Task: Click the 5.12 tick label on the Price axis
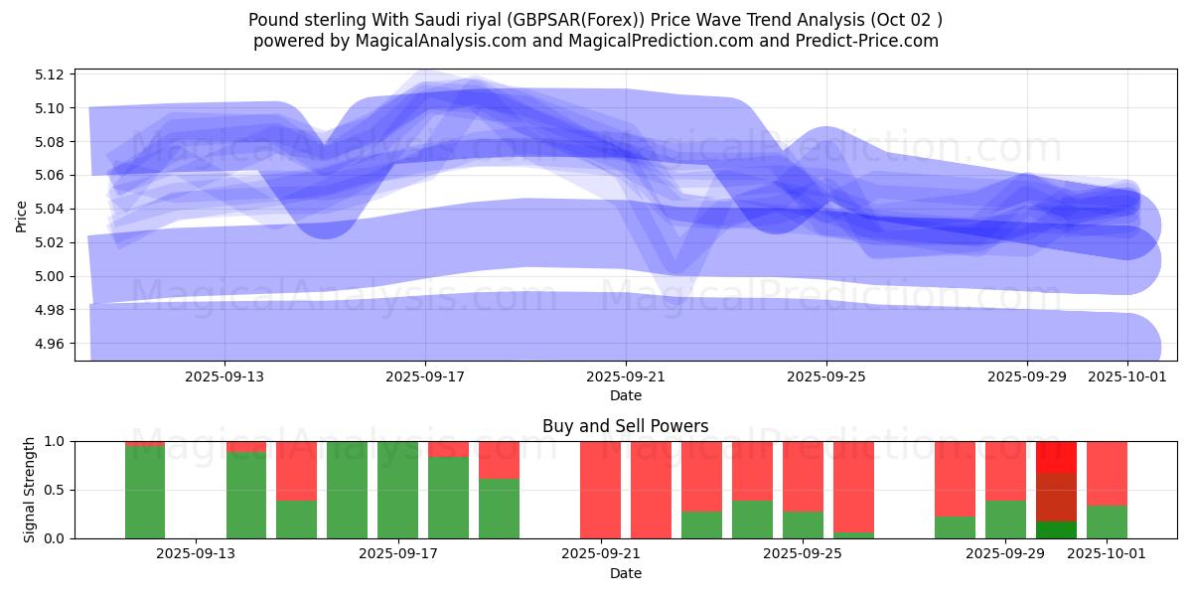pyautogui.click(x=51, y=74)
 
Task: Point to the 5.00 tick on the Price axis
pyautogui.click(x=51, y=276)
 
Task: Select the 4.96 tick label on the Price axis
pyautogui.click(x=51, y=344)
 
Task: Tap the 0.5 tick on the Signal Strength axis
pyautogui.click(x=54, y=490)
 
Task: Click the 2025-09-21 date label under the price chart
pyautogui.click(x=626, y=377)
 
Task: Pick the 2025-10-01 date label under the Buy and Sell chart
pyautogui.click(x=1102, y=554)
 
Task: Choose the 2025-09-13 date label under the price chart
pyautogui.click(x=224, y=377)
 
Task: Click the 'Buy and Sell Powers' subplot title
pyautogui.click(x=626, y=427)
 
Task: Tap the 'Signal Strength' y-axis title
pyautogui.click(x=30, y=490)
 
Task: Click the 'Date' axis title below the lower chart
pyautogui.click(x=626, y=573)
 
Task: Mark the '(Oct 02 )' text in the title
pyautogui.click(x=906, y=20)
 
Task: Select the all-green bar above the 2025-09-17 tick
pyautogui.click(x=397, y=490)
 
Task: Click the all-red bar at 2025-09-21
pyautogui.click(x=600, y=490)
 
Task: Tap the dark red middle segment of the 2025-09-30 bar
pyautogui.click(x=1056, y=497)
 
